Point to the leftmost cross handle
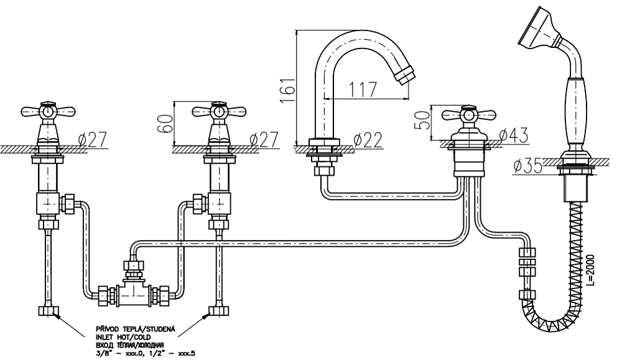pos(48,112)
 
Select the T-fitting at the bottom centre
pos(133,291)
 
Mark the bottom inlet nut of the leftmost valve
pos(49,310)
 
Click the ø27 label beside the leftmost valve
pos(91,139)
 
